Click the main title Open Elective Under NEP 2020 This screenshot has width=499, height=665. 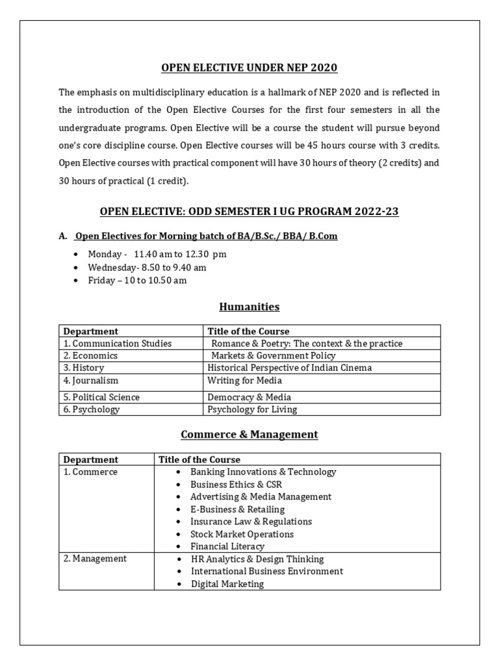[249, 68]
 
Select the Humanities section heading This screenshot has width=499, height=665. [249, 307]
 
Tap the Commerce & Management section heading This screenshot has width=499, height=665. [249, 434]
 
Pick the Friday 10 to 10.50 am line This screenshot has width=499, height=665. [137, 280]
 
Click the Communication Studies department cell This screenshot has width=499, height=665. [118, 344]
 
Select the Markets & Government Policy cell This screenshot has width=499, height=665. [273, 356]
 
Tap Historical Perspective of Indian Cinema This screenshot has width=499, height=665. [289, 368]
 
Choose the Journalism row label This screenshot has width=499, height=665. [91, 381]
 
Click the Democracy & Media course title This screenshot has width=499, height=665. [249, 397]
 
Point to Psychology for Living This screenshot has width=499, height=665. [252, 409]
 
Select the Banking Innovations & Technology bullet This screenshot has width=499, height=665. [263, 472]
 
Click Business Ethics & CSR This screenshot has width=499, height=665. [236, 484]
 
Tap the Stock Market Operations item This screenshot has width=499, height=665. [242, 534]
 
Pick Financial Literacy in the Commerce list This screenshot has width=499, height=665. [227, 547]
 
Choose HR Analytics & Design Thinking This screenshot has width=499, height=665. [257, 559]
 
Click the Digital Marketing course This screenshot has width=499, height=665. [227, 584]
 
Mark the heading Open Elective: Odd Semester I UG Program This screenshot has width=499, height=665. [249, 211]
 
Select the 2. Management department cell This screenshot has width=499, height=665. [95, 558]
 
